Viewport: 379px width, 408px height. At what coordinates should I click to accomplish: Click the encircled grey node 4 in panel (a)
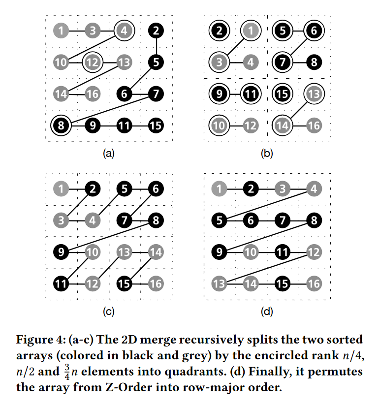pyautogui.click(x=124, y=31)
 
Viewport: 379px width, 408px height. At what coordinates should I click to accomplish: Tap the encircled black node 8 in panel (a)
pyautogui.click(x=61, y=125)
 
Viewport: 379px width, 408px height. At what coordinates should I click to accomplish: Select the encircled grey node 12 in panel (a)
pyautogui.click(x=92, y=62)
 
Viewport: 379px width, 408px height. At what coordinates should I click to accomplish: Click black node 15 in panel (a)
pyautogui.click(x=156, y=125)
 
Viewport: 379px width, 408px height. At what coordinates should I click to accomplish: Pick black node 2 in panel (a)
pyautogui.click(x=156, y=31)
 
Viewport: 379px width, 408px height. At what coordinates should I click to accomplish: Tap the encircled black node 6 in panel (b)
pyautogui.click(x=313, y=31)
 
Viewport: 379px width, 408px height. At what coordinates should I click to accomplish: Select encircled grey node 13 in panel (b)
pyautogui.click(x=313, y=94)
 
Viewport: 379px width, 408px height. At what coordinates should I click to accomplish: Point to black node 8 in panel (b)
pyautogui.click(x=313, y=63)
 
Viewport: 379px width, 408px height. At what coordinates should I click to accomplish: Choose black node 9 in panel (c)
pyautogui.click(x=61, y=252)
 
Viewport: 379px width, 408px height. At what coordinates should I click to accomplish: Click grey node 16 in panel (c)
pyautogui.click(x=156, y=283)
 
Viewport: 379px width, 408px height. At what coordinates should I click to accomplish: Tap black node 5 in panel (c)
pyautogui.click(x=124, y=188)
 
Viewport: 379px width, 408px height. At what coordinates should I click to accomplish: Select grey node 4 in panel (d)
pyautogui.click(x=313, y=188)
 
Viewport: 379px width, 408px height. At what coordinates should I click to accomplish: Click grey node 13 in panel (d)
pyautogui.click(x=219, y=283)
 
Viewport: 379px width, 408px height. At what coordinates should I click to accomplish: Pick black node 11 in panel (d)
pyautogui.click(x=282, y=252)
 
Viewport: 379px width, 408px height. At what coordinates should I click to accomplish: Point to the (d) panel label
pyautogui.click(x=266, y=311)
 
